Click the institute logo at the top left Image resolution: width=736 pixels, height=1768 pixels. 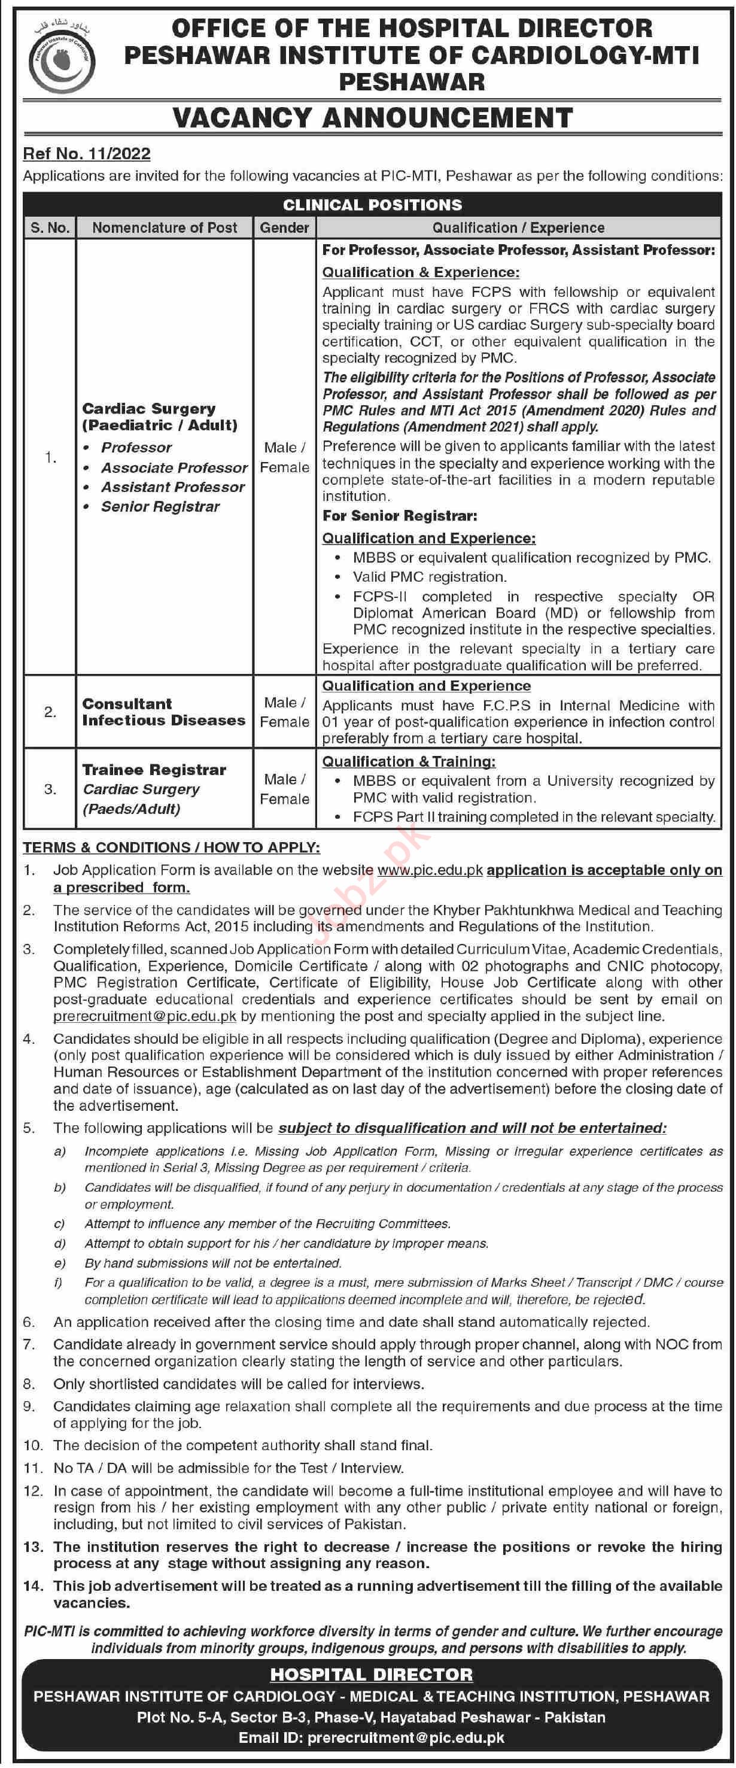pyautogui.click(x=62, y=58)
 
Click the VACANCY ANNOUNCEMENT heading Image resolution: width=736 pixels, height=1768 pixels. pyautogui.click(x=372, y=117)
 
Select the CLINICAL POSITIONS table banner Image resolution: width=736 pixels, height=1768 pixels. pyautogui.click(x=372, y=205)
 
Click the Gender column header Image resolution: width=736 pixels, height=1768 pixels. pyautogui.click(x=284, y=228)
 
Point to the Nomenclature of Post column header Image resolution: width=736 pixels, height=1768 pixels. pyautogui.click(x=165, y=228)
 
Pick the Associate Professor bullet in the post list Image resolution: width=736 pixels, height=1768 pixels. pyautogui.click(x=174, y=467)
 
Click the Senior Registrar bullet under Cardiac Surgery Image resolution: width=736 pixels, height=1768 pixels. pyautogui.click(x=160, y=506)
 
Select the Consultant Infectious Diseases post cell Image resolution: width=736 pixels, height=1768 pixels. pyautogui.click(x=163, y=712)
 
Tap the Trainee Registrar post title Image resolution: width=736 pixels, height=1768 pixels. pyautogui.click(x=154, y=769)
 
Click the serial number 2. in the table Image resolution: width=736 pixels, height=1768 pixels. pyautogui.click(x=50, y=712)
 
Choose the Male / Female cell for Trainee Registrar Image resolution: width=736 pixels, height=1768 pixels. pyautogui.click(x=284, y=789)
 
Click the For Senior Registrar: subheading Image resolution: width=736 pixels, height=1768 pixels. pyautogui.click(x=400, y=515)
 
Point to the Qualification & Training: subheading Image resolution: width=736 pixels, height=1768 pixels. pyautogui.click(x=409, y=761)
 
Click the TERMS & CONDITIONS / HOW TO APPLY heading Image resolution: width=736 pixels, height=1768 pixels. pyautogui.click(x=172, y=847)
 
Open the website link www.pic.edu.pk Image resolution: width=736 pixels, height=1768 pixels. pyautogui.click(x=430, y=870)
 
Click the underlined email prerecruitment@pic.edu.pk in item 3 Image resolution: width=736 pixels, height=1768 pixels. pyautogui.click(x=145, y=1016)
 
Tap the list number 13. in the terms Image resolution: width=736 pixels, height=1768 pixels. pyautogui.click(x=33, y=1547)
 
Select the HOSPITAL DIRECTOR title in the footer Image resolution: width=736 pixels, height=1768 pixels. pyautogui.click(x=371, y=1675)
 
